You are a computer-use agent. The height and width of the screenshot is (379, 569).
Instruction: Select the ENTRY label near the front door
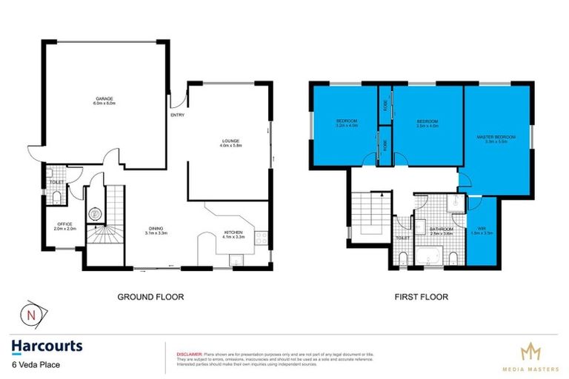click(178, 115)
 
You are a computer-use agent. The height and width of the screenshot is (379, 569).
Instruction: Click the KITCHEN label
click(234, 234)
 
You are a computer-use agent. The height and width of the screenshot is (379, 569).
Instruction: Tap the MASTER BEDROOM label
click(499, 138)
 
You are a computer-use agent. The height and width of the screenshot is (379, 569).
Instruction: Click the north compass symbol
click(31, 315)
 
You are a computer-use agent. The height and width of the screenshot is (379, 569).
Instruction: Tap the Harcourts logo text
click(46, 346)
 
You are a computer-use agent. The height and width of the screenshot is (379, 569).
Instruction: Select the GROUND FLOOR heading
click(150, 297)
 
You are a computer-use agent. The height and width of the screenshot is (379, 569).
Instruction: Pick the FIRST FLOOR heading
click(422, 297)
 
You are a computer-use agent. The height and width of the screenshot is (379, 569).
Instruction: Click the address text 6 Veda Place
click(35, 364)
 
